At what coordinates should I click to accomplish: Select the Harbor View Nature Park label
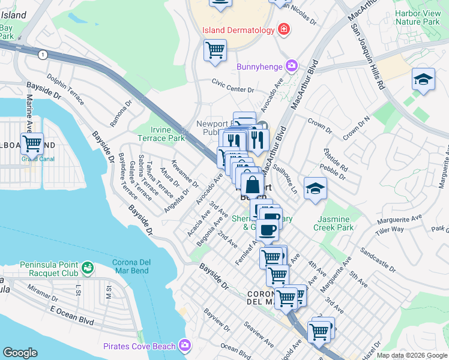[417, 17]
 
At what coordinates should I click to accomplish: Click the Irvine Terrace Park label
[167, 134]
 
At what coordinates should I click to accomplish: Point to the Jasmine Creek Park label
[333, 223]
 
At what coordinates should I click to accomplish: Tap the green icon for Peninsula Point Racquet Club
[88, 266]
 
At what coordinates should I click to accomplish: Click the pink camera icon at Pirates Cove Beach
[185, 346]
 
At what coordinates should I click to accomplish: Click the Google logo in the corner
[20, 353]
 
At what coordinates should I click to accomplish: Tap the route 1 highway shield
[42, 55]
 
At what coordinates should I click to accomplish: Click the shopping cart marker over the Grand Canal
[32, 145]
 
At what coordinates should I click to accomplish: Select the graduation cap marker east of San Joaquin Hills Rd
[423, 80]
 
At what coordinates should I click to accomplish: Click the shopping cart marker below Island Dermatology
[215, 50]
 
